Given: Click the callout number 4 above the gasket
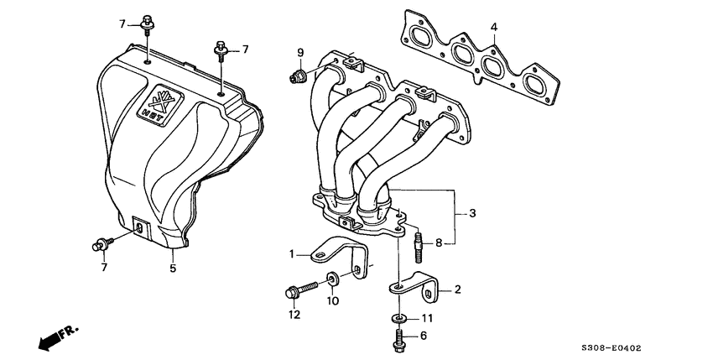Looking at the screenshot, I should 494,28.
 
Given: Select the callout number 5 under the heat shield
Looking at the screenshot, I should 173,269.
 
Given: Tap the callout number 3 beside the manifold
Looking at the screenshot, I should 472,214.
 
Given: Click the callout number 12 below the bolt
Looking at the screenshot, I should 294,315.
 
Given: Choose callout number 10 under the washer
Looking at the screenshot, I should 333,300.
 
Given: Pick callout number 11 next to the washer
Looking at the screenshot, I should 426,318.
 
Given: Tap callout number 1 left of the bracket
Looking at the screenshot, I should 293,253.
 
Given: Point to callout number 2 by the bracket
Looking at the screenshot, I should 458,290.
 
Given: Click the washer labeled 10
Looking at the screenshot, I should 333,279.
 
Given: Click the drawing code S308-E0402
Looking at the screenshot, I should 618,347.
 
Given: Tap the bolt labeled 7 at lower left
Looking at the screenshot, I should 101,245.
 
